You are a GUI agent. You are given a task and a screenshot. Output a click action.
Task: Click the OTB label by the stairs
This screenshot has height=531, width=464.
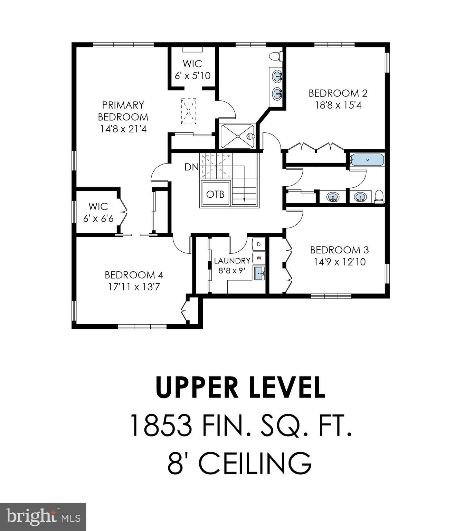pos(215,194)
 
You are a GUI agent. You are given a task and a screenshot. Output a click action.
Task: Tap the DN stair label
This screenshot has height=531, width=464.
pos(191,167)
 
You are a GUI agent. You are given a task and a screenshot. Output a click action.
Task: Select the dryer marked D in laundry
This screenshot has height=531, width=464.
pos(259,244)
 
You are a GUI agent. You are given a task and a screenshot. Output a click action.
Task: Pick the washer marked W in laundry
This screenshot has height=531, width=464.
pos(259,258)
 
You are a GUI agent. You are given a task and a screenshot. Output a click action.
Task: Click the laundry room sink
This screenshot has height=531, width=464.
pos(259,273)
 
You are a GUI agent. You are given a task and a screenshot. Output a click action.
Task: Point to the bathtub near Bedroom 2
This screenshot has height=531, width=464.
pos(367,160)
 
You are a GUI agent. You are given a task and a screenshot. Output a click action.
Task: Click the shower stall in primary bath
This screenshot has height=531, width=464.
pos(238,136)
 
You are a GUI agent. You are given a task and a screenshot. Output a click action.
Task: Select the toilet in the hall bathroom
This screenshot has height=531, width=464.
pos(379,196)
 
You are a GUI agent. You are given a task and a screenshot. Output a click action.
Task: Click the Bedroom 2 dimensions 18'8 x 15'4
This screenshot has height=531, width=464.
pos(338,105)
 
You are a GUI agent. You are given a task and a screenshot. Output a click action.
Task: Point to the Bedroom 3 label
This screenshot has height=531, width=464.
pos(339,250)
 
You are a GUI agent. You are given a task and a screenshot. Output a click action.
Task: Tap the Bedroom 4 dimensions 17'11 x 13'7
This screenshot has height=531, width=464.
pos(134,287)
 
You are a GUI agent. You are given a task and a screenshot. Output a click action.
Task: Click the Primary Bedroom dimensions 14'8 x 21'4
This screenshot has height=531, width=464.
pos(123,129)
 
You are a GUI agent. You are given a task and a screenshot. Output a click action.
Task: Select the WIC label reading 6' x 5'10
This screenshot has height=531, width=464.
pos(192,76)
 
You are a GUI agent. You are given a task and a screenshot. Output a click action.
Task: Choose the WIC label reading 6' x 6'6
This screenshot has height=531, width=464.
pos(98,218)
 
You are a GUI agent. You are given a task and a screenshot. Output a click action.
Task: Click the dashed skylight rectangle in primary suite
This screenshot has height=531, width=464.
pos(189,111)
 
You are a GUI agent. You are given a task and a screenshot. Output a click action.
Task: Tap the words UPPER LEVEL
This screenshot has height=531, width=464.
pos(240,387)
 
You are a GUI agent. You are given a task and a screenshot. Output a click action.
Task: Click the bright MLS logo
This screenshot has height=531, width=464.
pos(43,517)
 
